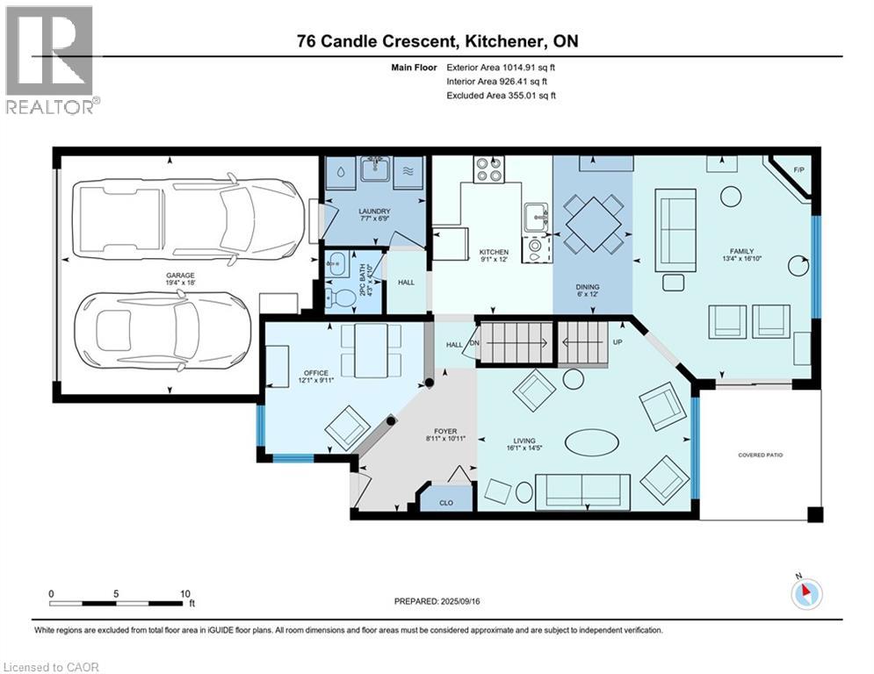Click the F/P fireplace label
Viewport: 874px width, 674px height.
point(798,169)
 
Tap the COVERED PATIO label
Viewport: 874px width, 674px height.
point(761,455)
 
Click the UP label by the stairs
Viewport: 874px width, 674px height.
point(617,341)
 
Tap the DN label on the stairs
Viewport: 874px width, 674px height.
point(475,344)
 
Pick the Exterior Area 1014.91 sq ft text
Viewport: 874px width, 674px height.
point(502,67)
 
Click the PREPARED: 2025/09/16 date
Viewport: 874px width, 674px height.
point(435,601)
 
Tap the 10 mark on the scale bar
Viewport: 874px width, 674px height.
point(185,593)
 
